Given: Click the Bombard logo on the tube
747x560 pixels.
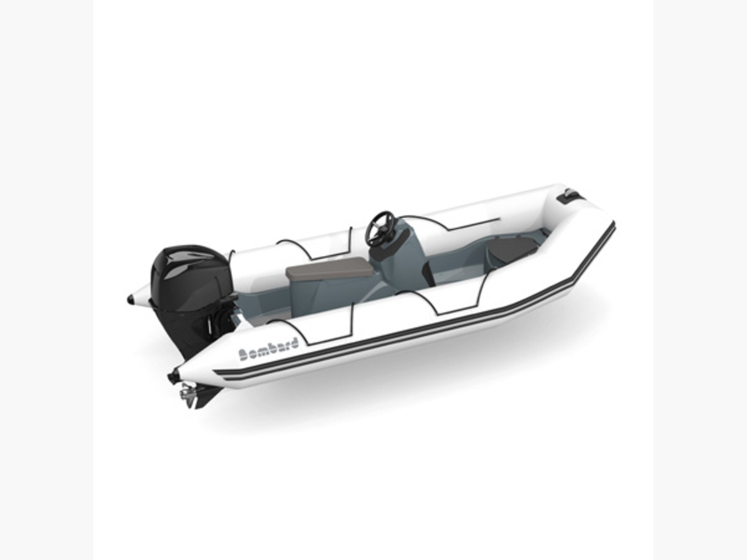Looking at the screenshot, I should coord(268,349).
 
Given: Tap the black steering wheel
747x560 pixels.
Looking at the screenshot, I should coord(380,228).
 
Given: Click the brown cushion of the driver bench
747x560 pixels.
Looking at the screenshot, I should coord(329,272).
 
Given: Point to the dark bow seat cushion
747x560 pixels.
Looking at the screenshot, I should coord(512,248).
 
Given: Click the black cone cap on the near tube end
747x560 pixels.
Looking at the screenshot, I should coord(174,376).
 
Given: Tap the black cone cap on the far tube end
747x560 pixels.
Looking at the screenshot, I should coord(131,300).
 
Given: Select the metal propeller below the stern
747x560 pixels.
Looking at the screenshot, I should coord(186,393).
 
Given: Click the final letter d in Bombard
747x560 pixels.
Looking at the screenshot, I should coord(293,342).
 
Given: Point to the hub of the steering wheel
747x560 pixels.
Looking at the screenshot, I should coord(380,228).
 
